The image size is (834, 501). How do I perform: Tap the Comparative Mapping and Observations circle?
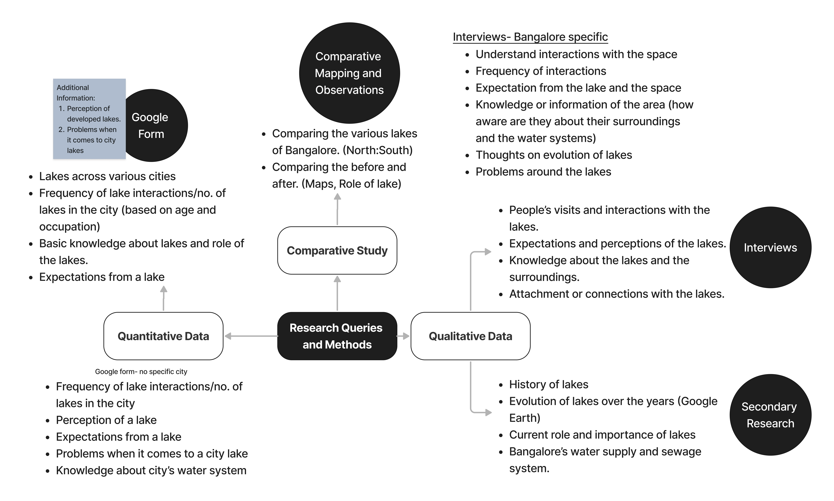point(349,73)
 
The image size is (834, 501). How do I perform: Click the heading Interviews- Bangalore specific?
point(530,37)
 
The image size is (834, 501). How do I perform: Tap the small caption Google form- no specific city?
point(141,372)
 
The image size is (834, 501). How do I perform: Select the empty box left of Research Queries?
point(163,336)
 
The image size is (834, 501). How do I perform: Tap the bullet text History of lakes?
point(548,385)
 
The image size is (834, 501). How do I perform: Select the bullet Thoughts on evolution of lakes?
point(554,155)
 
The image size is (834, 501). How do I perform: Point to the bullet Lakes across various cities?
point(107,176)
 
